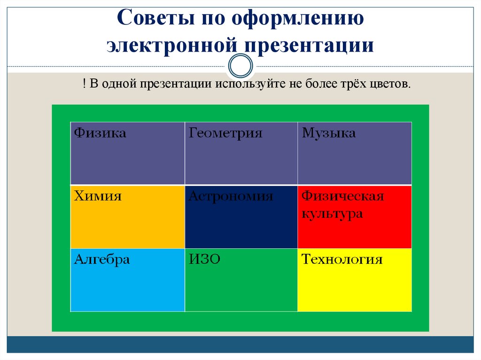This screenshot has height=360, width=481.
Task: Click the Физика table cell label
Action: pyautogui.click(x=100, y=133)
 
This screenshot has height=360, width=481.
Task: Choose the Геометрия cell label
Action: pyautogui.click(x=225, y=133)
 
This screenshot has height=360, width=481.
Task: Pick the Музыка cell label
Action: pyautogui.click(x=329, y=134)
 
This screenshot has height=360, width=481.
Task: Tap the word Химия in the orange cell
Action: pyautogui.click(x=98, y=196)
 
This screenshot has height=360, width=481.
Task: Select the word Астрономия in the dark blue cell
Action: pyautogui.click(x=231, y=197)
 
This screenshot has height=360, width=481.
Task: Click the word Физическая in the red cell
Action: pyautogui.click(x=343, y=196)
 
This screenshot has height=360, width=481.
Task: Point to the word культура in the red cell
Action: pyautogui.click(x=332, y=214)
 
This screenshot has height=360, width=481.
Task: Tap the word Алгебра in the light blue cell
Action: pyautogui.click(x=101, y=260)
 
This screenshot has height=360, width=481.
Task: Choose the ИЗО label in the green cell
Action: pyautogui.click(x=205, y=260)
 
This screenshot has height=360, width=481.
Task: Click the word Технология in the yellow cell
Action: pyautogui.click(x=342, y=260)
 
